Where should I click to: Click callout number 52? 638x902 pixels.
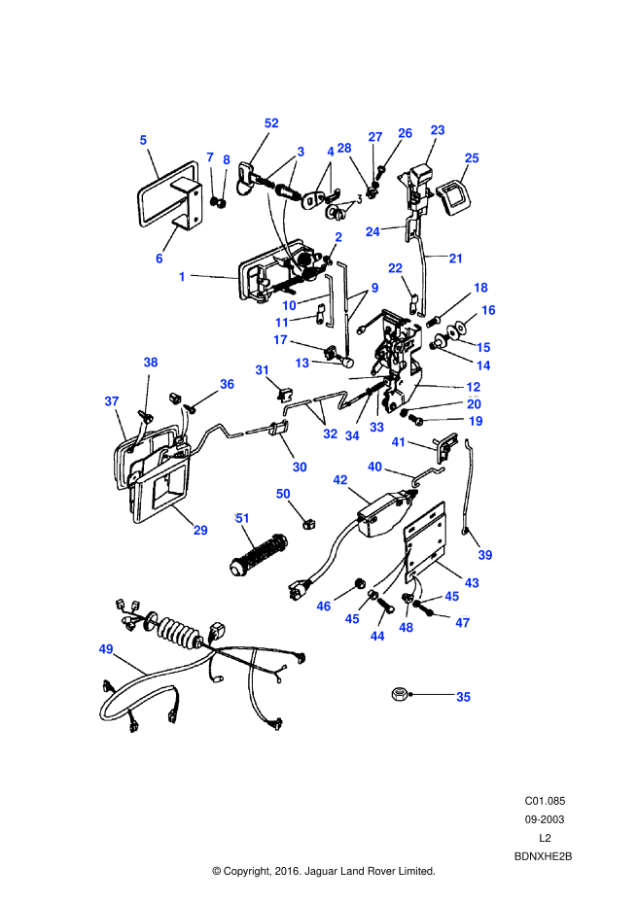(x=271, y=123)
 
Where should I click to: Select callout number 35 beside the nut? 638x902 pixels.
(x=463, y=697)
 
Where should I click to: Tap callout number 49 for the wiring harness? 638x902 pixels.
(x=105, y=648)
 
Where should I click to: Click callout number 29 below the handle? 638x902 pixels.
(x=200, y=530)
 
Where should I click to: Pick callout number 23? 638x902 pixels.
(x=438, y=130)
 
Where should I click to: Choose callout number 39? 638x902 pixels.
(x=485, y=555)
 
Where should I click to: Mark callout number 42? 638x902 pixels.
(x=340, y=479)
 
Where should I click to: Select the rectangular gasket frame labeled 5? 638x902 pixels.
(x=159, y=199)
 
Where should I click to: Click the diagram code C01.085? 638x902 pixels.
(x=545, y=801)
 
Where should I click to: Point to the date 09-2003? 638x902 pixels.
(x=545, y=818)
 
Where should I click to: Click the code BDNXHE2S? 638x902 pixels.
(x=544, y=855)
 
